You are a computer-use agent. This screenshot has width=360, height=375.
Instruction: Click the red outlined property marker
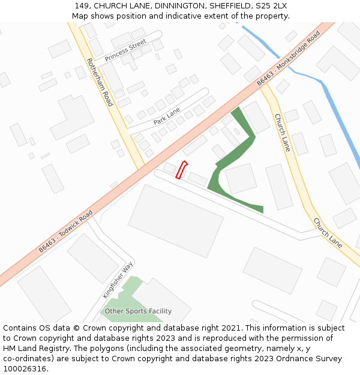point(181,170)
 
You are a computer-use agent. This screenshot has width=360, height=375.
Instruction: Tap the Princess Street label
point(125,50)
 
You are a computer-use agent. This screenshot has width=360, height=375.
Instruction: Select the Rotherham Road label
point(100,82)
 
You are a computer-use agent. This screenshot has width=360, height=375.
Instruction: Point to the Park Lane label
point(166,116)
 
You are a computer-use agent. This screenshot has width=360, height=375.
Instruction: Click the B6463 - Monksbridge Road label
point(289,58)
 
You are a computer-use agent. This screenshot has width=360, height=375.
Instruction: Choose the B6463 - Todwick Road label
point(66,230)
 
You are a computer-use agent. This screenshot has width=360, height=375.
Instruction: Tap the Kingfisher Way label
point(118,280)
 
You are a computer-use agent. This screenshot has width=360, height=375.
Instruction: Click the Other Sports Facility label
point(138,311)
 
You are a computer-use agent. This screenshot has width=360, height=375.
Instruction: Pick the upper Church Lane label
point(283,132)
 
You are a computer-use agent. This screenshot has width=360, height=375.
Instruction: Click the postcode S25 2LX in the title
point(271,5)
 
